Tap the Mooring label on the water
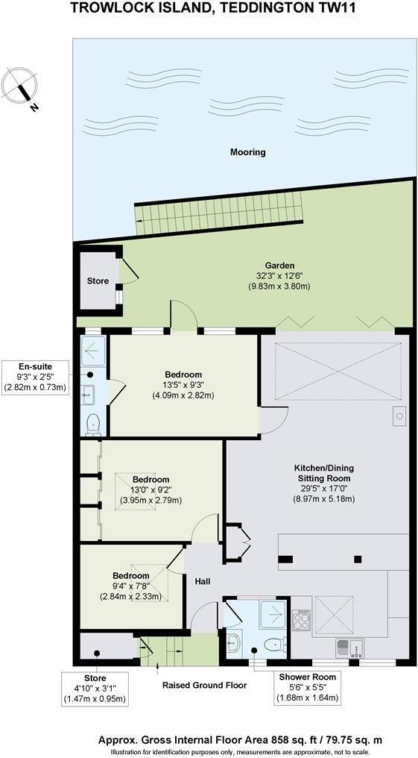click(x=248, y=152)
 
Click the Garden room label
click(x=280, y=265)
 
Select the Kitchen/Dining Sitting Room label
click(x=322, y=473)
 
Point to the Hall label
click(x=203, y=581)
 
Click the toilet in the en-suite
click(x=93, y=424)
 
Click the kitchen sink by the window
click(x=347, y=647)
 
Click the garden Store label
click(x=98, y=281)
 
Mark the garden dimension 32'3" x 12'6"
click(x=280, y=275)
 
